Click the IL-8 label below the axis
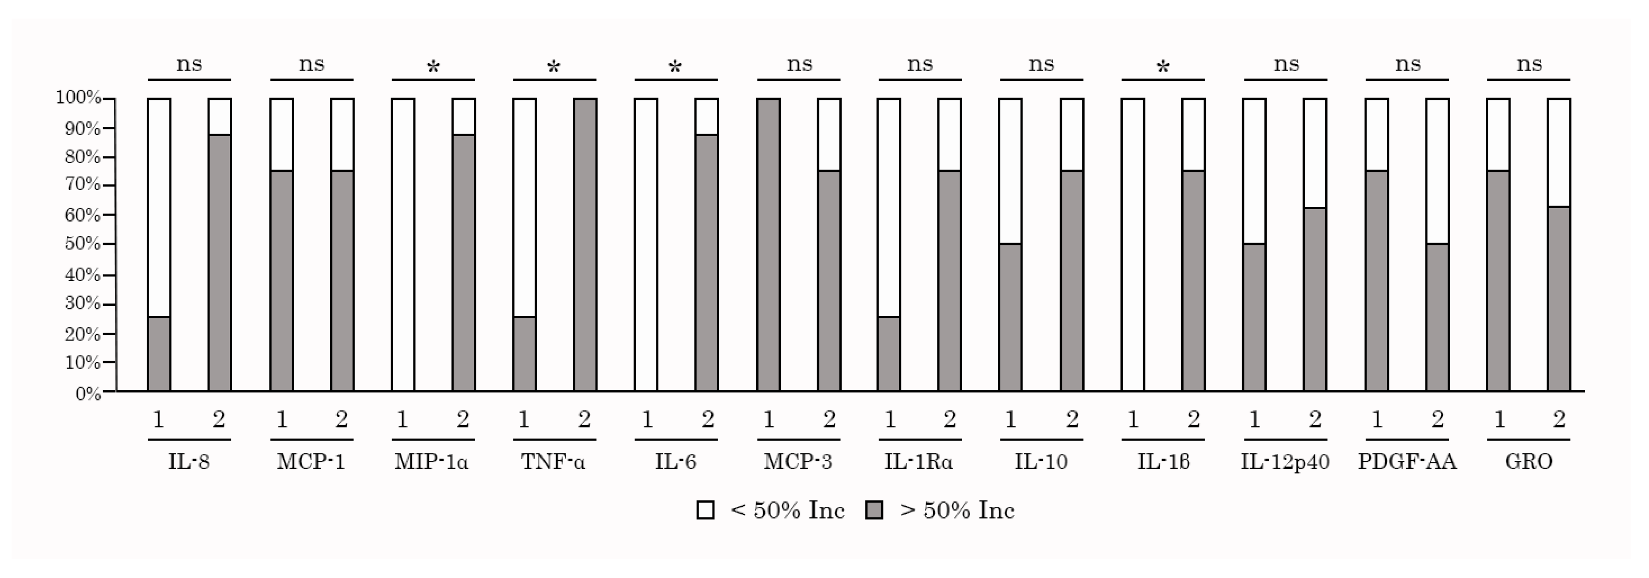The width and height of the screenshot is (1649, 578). pos(189,461)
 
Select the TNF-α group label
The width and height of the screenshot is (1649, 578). pos(554,461)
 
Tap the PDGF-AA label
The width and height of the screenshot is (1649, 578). pos(1407,461)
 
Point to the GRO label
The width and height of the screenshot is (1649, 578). pos(1529,461)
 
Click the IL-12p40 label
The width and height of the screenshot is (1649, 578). pos(1285,461)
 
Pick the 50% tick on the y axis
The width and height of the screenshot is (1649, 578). pos(83,244)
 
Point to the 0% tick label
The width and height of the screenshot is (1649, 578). pos(88,394)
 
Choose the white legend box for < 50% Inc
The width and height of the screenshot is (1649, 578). pos(706,510)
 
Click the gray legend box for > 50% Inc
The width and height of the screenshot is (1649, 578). pos(874,510)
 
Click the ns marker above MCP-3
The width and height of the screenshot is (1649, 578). pos(799,64)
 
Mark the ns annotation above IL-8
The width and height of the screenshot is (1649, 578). pos(189,64)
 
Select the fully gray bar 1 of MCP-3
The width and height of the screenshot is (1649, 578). pos(769,244)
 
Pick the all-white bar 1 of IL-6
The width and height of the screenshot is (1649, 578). pos(646,244)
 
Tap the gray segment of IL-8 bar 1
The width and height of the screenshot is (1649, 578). pos(159,353)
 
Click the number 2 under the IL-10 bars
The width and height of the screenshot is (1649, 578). pos(1072,420)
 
